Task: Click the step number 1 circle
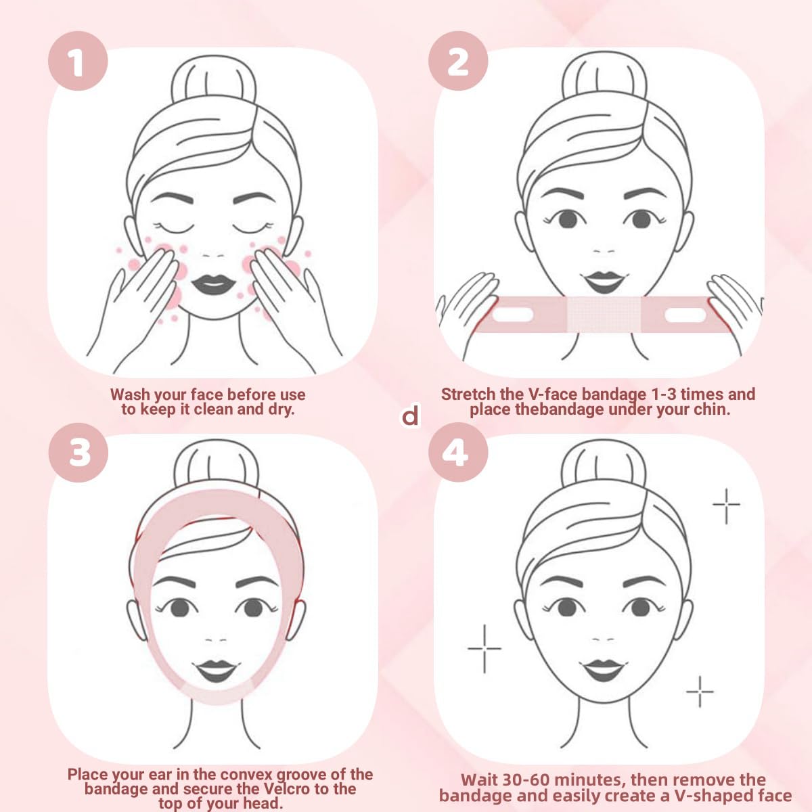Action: click(77, 62)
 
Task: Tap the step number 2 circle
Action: click(458, 62)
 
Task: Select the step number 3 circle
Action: click(78, 451)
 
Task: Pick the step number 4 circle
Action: click(458, 451)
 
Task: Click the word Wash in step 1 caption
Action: click(130, 394)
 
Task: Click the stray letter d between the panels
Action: click(411, 415)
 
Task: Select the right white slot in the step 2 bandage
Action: click(685, 315)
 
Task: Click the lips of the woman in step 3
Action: click(216, 671)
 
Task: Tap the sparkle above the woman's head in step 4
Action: click(726, 504)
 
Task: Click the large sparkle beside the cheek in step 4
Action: click(484, 648)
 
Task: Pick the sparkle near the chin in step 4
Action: click(700, 692)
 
